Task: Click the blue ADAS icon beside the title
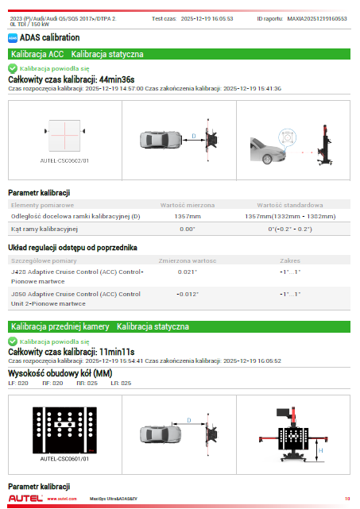[13, 38]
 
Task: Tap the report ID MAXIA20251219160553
[317, 19]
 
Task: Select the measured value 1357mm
[188, 216]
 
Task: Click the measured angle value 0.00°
[188, 229]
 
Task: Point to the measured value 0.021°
[188, 272]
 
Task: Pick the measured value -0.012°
[188, 294]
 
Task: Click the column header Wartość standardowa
[290, 205]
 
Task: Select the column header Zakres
[290, 260]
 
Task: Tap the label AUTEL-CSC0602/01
[64, 160]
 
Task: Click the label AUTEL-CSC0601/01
[64, 459]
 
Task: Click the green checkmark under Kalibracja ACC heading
[13, 68]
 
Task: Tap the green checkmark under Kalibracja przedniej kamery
[13, 341]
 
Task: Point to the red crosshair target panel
[64, 135]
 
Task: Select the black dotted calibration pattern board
[64, 430]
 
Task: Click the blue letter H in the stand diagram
[321, 450]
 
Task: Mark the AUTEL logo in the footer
[25, 499]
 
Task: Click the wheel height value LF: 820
[18, 383]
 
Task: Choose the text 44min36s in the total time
[117, 79]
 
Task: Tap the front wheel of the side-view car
[267, 159]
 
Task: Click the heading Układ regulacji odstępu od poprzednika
[72, 248]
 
